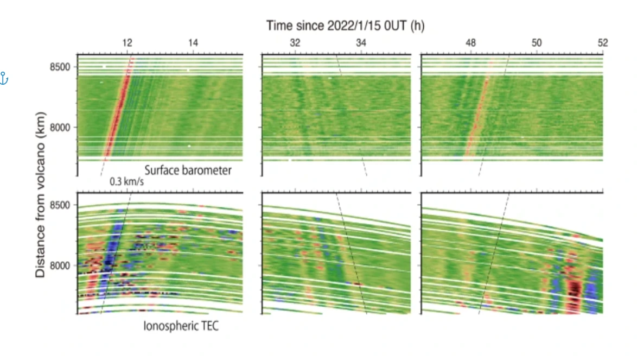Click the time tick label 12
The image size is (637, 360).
[x=127, y=43]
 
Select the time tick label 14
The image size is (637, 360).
[x=193, y=43]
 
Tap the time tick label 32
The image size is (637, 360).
[x=295, y=43]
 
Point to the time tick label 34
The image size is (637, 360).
[x=361, y=43]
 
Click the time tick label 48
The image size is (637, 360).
[x=470, y=43]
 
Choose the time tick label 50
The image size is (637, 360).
[x=537, y=43]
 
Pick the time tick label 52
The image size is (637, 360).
[x=603, y=43]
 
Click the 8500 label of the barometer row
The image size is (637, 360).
[x=60, y=67]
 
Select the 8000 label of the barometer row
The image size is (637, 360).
[x=60, y=128]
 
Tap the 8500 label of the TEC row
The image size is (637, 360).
[x=60, y=205]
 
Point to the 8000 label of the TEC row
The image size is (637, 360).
[x=60, y=266]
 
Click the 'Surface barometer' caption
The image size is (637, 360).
[x=188, y=170]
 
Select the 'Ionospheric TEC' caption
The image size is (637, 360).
[x=181, y=326]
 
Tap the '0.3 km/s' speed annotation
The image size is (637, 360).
[x=127, y=181]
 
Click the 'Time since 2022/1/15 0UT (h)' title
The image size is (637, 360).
[x=345, y=26]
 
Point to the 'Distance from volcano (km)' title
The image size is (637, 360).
[x=40, y=194]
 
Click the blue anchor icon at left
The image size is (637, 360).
[x=4, y=78]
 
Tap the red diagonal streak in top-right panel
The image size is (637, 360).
[x=479, y=108]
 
